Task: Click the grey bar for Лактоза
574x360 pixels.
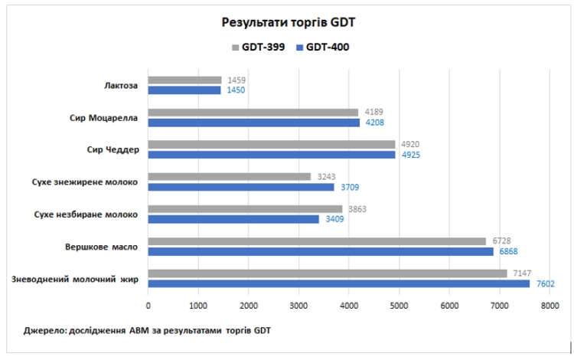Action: pyautogui.click(x=184, y=80)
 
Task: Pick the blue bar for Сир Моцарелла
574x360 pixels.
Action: pyautogui.click(x=253, y=123)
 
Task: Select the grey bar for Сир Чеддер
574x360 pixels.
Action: pyautogui.click(x=272, y=145)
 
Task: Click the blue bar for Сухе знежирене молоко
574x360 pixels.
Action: pyautogui.click(x=241, y=187)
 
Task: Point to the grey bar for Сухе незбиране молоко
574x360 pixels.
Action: pyautogui.click(x=245, y=209)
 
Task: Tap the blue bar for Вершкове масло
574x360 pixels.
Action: pyautogui.click(x=321, y=251)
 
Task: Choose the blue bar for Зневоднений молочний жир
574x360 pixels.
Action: pyautogui.click(x=339, y=283)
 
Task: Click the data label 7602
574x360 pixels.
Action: pyautogui.click(x=546, y=284)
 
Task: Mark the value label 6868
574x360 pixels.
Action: pyautogui.click(x=509, y=252)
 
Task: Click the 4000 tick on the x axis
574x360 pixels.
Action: pyautogui.click(x=349, y=306)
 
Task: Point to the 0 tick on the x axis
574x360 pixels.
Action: pyautogui.click(x=148, y=306)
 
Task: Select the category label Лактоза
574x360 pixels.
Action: pyautogui.click(x=121, y=85)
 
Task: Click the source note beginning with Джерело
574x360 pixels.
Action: pyautogui.click(x=148, y=331)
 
